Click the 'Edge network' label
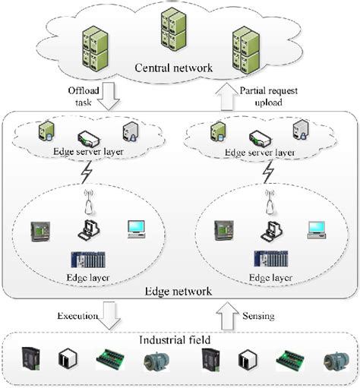pos(177,291)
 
